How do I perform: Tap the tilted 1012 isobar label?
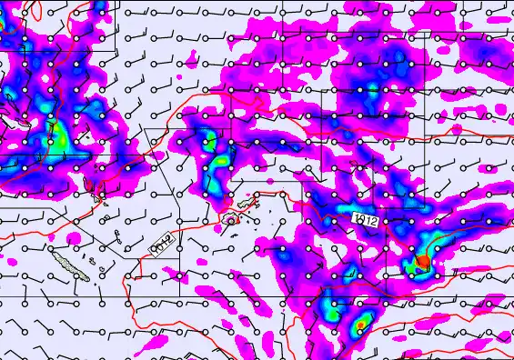(x=161, y=241)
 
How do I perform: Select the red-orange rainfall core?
(x=422, y=262)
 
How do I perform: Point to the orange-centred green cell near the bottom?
(x=363, y=323)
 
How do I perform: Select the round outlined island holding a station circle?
(x=231, y=219)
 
